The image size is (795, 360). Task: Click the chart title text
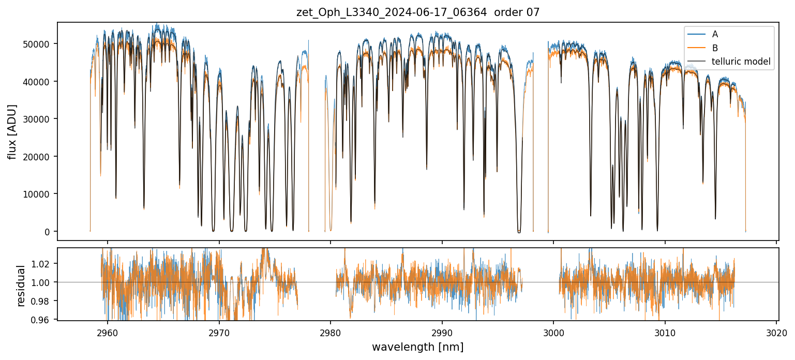418,12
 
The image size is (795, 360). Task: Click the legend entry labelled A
715,34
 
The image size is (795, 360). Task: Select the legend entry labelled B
715,48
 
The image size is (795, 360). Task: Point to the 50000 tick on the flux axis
40,44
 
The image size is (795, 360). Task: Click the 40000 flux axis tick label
40,82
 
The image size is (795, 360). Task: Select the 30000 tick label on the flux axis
40,119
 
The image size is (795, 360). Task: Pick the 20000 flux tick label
40,157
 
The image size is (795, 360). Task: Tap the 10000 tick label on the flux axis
40,194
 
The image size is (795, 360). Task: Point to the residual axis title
21,286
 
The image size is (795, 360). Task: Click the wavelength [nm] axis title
417,347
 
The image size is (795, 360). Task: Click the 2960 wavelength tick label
108,332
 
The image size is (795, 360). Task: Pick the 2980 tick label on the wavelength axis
331,332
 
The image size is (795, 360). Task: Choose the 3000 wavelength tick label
553,332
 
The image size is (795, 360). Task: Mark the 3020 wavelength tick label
776,332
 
